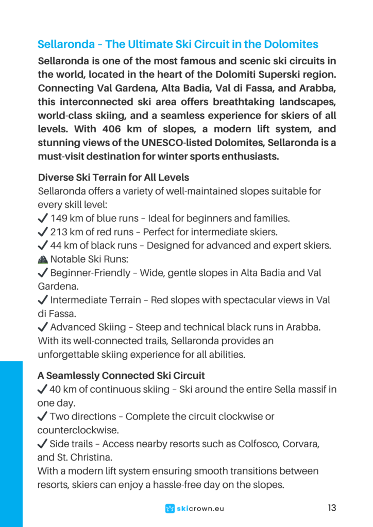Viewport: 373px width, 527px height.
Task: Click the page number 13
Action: (332, 508)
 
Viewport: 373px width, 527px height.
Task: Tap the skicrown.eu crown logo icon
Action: (169, 508)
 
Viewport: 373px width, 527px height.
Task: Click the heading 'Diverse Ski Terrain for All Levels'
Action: (113, 178)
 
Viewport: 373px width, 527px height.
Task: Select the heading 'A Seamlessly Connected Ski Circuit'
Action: (121, 376)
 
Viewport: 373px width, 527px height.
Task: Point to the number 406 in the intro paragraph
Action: (115, 129)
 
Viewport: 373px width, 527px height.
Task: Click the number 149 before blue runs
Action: (60, 218)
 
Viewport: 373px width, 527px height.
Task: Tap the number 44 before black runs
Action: (57, 245)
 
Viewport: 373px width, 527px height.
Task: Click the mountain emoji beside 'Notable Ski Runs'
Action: (43, 259)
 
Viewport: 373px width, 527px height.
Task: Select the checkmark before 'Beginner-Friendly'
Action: (43, 272)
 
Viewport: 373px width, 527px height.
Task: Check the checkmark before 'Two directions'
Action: (43, 416)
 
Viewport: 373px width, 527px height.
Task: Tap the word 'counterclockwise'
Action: (78, 430)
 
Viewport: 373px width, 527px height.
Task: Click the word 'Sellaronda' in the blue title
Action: (64, 44)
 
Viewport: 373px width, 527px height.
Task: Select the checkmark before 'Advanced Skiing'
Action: (43, 327)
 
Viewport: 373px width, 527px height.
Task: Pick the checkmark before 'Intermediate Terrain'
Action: (43, 300)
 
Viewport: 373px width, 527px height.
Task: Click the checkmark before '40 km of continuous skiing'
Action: (43, 389)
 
